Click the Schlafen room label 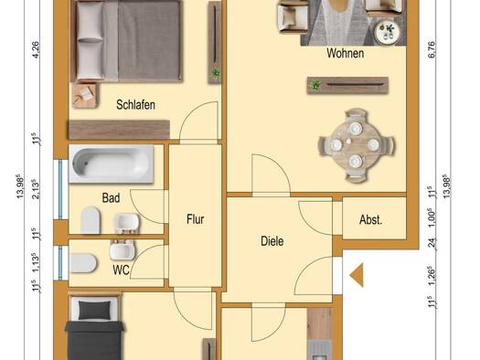(135, 105)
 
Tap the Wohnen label (346, 53)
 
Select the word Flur (196, 219)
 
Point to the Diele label (272, 241)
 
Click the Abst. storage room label (370, 220)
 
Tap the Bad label (111, 198)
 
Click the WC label (121, 270)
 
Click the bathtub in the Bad (112, 164)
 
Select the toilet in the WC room (83, 263)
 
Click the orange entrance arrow (357, 275)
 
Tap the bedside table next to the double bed (85, 95)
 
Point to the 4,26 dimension (36, 49)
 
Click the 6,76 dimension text (431, 49)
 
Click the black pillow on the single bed (94, 310)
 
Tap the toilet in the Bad (91, 219)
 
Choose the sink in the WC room (122, 249)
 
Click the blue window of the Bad (60, 189)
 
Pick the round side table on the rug (388, 31)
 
